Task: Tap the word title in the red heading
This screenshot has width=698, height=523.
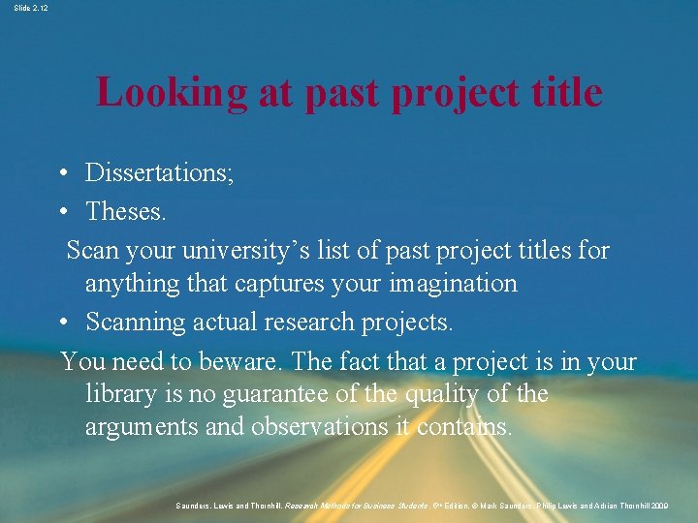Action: pos(564,92)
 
